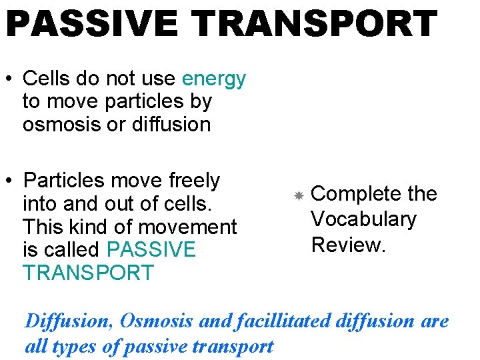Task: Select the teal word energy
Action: pyautogui.click(x=214, y=79)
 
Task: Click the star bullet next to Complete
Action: pyautogui.click(x=299, y=195)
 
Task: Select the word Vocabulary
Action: pyautogui.click(x=363, y=219)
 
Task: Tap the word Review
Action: pyautogui.click(x=348, y=245)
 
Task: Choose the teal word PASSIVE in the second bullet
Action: pyautogui.click(x=151, y=250)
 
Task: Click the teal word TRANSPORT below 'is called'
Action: pyautogui.click(x=88, y=273)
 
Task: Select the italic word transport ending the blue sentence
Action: pyautogui.click(x=234, y=347)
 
